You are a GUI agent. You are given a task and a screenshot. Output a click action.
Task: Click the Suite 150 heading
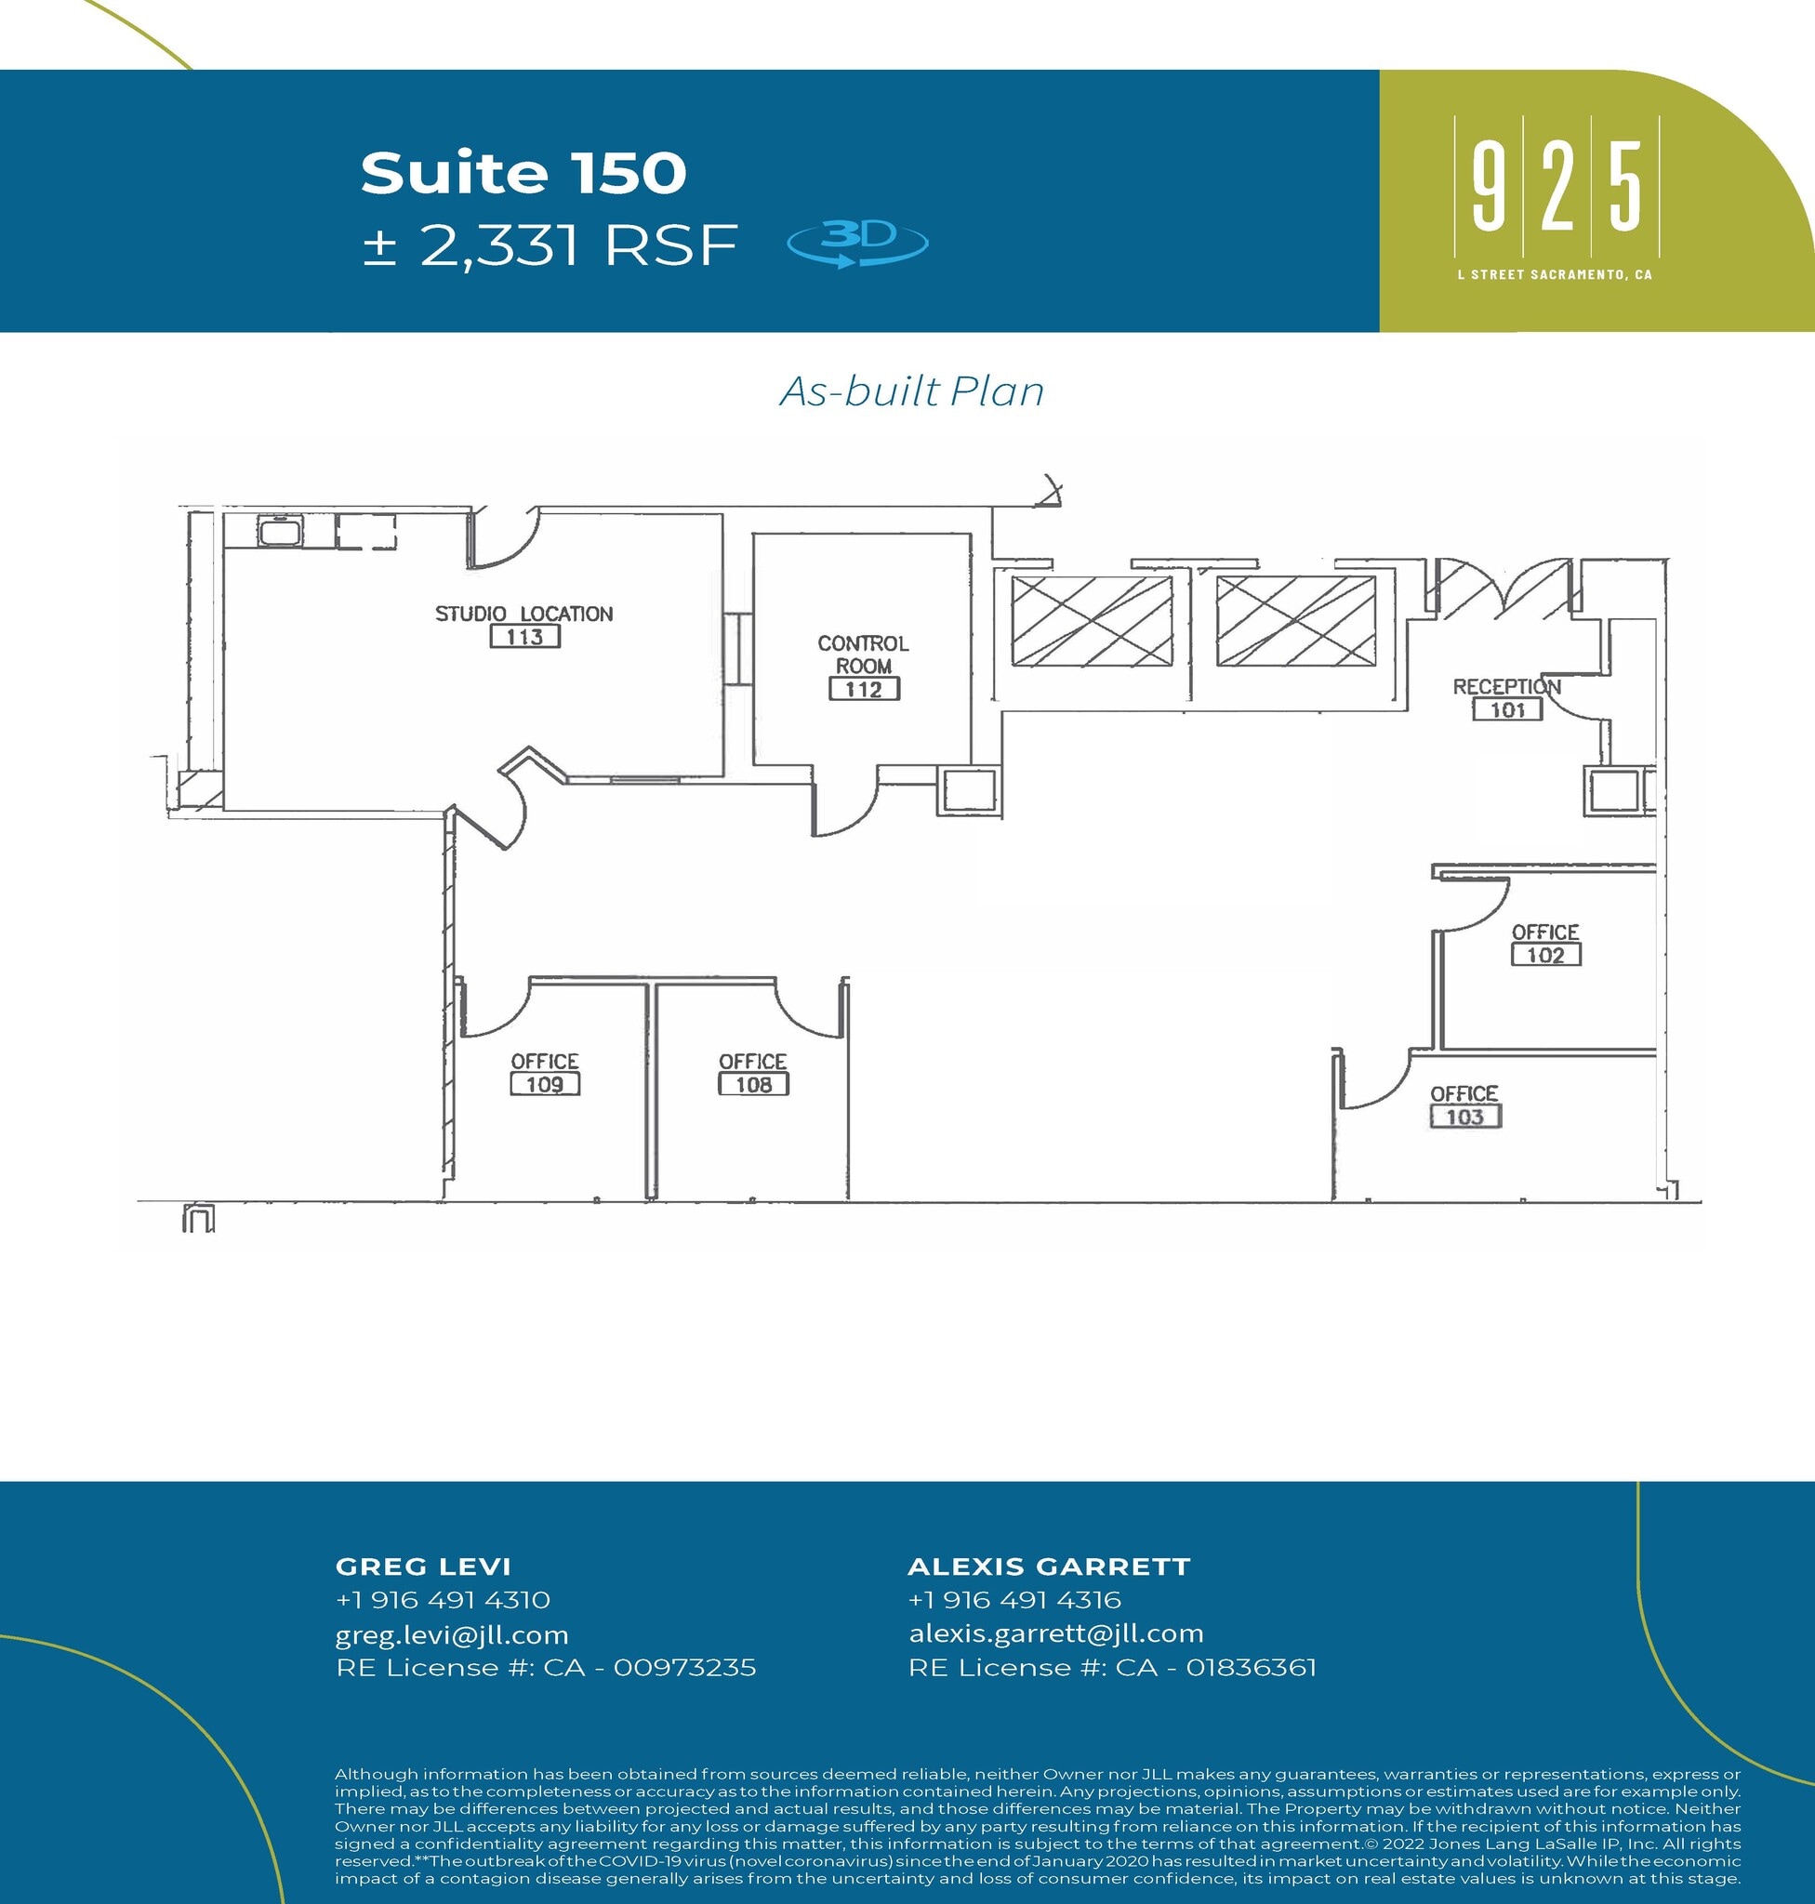[523, 173]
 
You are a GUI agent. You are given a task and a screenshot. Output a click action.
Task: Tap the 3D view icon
[857, 242]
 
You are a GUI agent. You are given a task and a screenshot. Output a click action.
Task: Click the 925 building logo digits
[1556, 186]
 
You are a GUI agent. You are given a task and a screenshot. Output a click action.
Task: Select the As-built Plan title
[911, 391]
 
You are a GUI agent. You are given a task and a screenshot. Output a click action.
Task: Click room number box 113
[524, 637]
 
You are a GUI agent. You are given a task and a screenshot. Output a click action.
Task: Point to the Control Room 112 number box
[864, 689]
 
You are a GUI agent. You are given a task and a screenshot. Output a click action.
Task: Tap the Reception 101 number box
[1507, 710]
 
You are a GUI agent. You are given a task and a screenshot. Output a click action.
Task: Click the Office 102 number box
[1545, 955]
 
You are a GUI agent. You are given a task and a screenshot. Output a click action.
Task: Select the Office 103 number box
[1464, 1117]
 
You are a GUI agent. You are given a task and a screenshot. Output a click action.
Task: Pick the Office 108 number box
[753, 1085]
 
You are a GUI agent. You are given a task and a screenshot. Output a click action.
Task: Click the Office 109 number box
[545, 1085]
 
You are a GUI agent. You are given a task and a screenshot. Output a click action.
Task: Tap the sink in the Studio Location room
[281, 531]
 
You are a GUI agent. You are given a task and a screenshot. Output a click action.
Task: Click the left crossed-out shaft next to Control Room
[1092, 621]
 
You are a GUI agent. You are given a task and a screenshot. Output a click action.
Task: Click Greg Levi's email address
[452, 1635]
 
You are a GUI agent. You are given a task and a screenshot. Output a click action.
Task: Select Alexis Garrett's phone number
[1013, 1599]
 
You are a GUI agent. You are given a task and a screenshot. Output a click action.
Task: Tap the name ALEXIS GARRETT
[1049, 1566]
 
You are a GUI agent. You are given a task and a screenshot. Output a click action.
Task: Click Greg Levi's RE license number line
[546, 1668]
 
